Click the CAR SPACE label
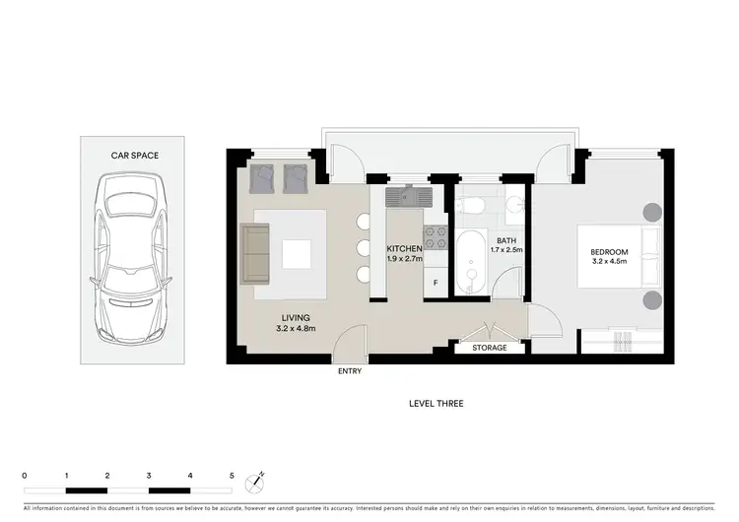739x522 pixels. click(135, 156)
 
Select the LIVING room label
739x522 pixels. click(295, 317)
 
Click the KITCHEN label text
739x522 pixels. click(404, 249)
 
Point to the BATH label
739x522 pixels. click(505, 240)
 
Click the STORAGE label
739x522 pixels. click(490, 348)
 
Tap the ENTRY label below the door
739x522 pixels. click(350, 371)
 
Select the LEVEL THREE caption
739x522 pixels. click(436, 404)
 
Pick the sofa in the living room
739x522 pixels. click(254, 251)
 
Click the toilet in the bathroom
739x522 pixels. click(470, 206)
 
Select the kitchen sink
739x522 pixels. click(407, 197)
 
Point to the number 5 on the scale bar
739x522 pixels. click(232, 475)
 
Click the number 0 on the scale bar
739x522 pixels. click(25, 475)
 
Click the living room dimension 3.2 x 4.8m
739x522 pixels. click(295, 329)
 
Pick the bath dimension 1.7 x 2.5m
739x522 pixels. click(505, 250)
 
